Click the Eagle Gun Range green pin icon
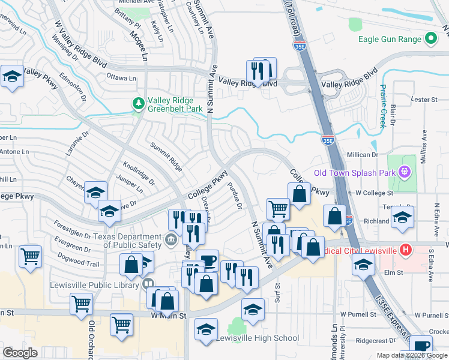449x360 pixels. coord(430,40)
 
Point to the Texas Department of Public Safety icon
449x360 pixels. coord(170,241)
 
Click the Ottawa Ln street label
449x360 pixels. coord(121,78)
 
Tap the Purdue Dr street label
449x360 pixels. coord(234,197)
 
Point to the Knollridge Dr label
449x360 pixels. coord(139,173)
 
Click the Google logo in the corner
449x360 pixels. coord(20,353)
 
